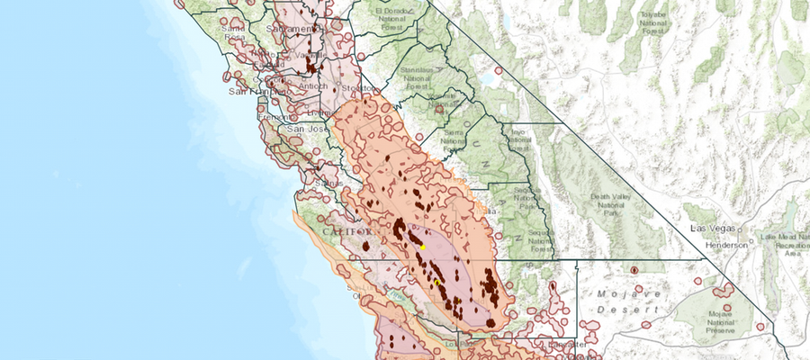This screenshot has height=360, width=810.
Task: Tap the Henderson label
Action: point(726,244)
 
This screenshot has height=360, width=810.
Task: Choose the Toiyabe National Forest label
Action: point(654,24)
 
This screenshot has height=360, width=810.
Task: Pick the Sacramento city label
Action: point(300,30)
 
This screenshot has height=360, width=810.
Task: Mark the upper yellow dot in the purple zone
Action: point(423,247)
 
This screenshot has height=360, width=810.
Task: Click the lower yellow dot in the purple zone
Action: point(437,283)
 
